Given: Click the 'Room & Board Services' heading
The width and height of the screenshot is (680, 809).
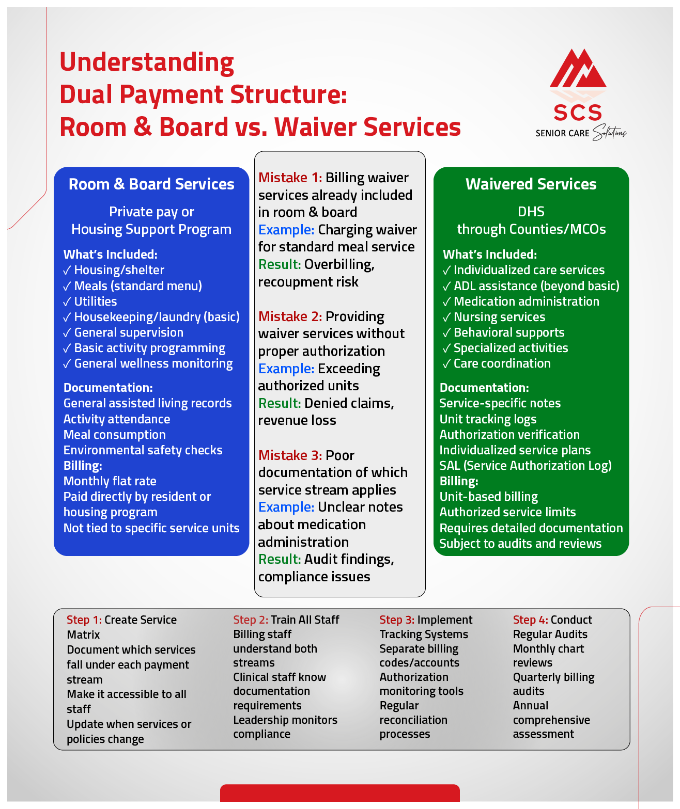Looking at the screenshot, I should pyautogui.click(x=151, y=184).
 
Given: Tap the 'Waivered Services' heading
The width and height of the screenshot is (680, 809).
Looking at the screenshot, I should pyautogui.click(x=531, y=184).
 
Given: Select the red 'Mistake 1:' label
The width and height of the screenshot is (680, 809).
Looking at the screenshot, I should pyautogui.click(x=290, y=178).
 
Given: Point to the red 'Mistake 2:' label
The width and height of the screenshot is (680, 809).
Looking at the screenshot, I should pyautogui.click(x=290, y=316).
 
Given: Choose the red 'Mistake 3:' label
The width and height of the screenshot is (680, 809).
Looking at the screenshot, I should pyautogui.click(x=290, y=455).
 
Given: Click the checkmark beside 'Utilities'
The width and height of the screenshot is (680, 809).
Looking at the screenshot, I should pyautogui.click(x=67, y=302).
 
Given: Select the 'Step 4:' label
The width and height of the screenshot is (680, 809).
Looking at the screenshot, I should pyautogui.click(x=530, y=620).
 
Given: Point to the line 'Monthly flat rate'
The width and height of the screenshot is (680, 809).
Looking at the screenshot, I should pyautogui.click(x=110, y=481).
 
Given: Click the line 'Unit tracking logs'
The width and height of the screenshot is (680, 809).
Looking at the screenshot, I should pyautogui.click(x=488, y=419).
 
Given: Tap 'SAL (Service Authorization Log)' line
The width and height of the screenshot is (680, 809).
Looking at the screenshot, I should pyautogui.click(x=525, y=466).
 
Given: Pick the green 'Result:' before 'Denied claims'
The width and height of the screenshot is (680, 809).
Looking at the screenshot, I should pyautogui.click(x=279, y=403).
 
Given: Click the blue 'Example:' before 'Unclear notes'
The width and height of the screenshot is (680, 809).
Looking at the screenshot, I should pyautogui.click(x=286, y=507).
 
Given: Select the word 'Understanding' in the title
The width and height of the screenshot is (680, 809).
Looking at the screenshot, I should pyautogui.click(x=147, y=62).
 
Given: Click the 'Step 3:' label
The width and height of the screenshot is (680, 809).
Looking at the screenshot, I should pyautogui.click(x=397, y=620).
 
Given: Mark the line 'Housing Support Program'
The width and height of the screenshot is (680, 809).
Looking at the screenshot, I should pyautogui.click(x=151, y=229).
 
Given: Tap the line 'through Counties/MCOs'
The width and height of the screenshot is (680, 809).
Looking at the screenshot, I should pyautogui.click(x=531, y=229).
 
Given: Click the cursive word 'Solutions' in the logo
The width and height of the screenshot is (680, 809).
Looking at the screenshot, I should pyautogui.click(x=609, y=133).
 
